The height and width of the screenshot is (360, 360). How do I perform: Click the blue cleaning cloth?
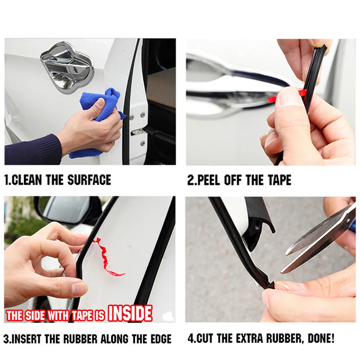99,119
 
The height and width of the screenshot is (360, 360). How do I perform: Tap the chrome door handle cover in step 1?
67,67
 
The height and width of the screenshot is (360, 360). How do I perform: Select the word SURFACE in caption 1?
89,180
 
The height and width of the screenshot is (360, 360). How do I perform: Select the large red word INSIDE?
130,314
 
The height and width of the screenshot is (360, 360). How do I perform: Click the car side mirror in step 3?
67,210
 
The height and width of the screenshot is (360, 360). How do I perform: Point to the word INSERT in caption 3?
26,339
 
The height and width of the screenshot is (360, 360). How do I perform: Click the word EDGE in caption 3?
161,339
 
